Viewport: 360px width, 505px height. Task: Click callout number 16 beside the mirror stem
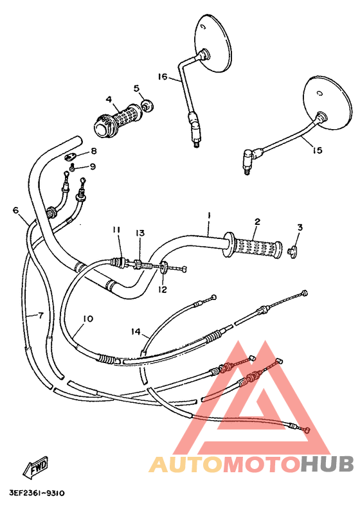162,77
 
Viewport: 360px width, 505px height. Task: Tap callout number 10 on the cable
88,319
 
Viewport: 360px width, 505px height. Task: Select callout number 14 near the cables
136,332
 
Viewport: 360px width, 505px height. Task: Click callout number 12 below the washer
162,290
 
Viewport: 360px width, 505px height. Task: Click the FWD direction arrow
35,467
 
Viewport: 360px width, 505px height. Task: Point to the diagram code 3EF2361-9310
37,493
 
